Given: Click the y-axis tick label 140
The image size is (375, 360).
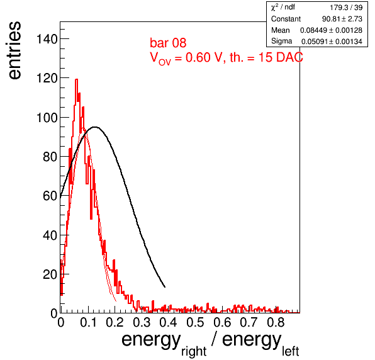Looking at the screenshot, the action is pyautogui.click(x=47, y=39).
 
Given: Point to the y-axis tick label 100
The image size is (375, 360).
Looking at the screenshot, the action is pyautogui.click(x=47, y=118).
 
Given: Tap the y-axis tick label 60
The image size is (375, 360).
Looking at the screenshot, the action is pyautogui.click(x=50, y=196).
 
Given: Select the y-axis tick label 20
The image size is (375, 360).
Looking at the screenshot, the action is pyautogui.click(x=50, y=274).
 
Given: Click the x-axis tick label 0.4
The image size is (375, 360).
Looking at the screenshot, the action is pyautogui.click(x=169, y=322).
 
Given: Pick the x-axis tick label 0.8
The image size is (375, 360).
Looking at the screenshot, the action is pyautogui.click(x=276, y=322).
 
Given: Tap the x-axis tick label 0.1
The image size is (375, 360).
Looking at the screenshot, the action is pyautogui.click(x=88, y=322).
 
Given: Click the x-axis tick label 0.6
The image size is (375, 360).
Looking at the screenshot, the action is pyautogui.click(x=222, y=322).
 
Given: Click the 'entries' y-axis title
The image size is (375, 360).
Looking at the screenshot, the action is pyautogui.click(x=14, y=50).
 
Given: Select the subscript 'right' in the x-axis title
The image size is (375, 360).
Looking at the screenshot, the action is pyautogui.click(x=194, y=351).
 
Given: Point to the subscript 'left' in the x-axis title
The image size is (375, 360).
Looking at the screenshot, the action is pyautogui.click(x=290, y=351).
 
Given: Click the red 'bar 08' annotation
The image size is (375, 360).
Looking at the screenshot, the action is pyautogui.click(x=168, y=43).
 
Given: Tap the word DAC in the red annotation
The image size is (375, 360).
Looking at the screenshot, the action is pyautogui.click(x=289, y=57).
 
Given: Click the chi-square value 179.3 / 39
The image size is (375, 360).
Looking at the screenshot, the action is pyautogui.click(x=346, y=8).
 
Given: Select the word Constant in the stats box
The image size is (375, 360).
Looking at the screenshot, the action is pyautogui.click(x=286, y=19).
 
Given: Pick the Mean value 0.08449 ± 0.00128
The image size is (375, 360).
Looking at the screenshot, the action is pyautogui.click(x=331, y=30).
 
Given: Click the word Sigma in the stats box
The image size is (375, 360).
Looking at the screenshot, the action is pyautogui.click(x=281, y=41).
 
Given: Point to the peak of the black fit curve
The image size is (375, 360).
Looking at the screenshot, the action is pyautogui.click(x=95, y=127).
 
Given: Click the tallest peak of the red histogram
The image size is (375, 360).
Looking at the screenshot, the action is pyautogui.click(x=77, y=79).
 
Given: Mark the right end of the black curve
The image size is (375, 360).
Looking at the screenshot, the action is pyautogui.click(x=165, y=287).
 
